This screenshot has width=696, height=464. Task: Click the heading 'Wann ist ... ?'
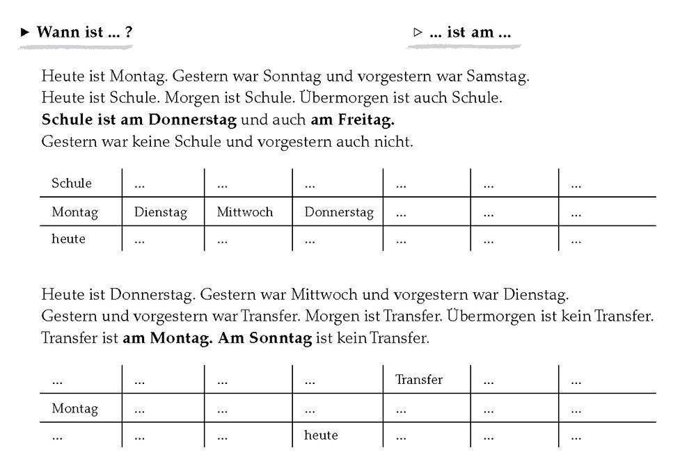pyautogui.click(x=84, y=32)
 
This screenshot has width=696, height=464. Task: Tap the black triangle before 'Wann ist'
pyautogui.click(x=26, y=32)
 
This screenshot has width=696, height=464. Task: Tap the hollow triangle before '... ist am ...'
pyautogui.click(x=418, y=32)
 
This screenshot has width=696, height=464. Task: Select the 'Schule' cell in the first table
pyautogui.click(x=72, y=184)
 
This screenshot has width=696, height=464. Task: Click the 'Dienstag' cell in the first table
pyautogui.click(x=161, y=212)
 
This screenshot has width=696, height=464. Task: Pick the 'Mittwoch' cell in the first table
pyautogui.click(x=245, y=212)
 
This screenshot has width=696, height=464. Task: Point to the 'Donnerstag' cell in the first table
pyautogui.click(x=339, y=212)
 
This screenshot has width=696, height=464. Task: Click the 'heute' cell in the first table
pyautogui.click(x=68, y=239)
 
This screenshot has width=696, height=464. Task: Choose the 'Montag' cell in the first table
pyautogui.click(x=74, y=212)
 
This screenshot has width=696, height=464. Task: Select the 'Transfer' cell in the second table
pyautogui.click(x=419, y=380)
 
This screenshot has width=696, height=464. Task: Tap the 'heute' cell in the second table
pyautogui.click(x=321, y=435)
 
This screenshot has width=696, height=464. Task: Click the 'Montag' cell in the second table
pyautogui.click(x=74, y=409)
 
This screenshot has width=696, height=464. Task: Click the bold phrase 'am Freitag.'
pyautogui.click(x=352, y=120)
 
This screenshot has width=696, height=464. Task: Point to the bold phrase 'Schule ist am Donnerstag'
pyautogui.click(x=139, y=120)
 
